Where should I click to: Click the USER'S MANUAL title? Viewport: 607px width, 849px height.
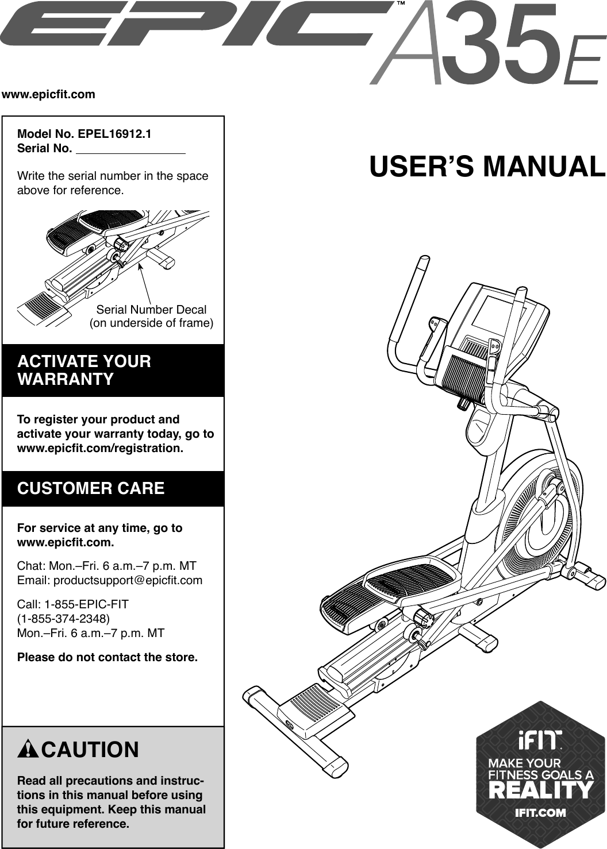(487, 167)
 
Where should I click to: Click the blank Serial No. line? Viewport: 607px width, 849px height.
(131, 150)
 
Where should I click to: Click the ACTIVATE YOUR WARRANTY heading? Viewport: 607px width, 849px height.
(84, 371)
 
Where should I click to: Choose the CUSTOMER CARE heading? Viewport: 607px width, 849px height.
(91, 488)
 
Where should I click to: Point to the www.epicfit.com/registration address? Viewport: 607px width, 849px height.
(101, 448)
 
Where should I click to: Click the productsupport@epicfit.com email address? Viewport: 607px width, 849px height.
(128, 580)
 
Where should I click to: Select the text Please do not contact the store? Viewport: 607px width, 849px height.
(107, 657)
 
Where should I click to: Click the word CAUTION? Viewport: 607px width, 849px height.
(90, 750)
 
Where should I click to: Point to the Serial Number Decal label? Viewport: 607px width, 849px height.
(151, 310)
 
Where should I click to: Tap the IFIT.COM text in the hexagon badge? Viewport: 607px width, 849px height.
(540, 812)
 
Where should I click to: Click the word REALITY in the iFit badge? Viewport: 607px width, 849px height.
(540, 790)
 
